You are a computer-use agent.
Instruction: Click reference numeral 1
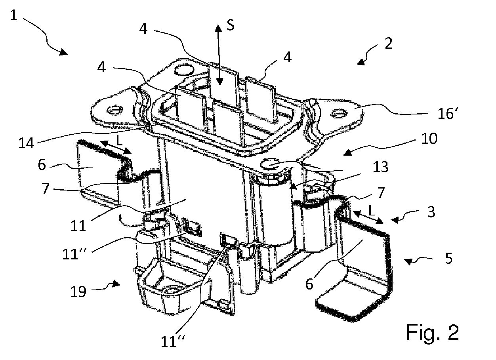tap(13, 15)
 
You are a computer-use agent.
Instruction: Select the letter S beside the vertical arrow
tap(230, 26)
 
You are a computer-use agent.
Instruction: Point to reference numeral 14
tap(26, 143)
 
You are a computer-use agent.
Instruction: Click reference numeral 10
tap(429, 139)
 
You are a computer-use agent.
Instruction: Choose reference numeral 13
tap(381, 167)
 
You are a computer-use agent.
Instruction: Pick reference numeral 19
tap(78, 291)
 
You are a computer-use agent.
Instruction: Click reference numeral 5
tap(449, 258)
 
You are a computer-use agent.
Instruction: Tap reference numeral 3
tap(431, 212)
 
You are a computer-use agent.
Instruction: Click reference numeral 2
tap(389, 44)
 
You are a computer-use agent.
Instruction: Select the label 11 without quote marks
tap(78, 226)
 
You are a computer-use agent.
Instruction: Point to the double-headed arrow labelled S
tap(219, 55)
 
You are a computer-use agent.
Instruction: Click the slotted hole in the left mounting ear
tap(115, 110)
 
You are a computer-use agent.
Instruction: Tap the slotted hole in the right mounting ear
tap(339, 114)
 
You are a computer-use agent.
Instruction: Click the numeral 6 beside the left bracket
tap(42, 164)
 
